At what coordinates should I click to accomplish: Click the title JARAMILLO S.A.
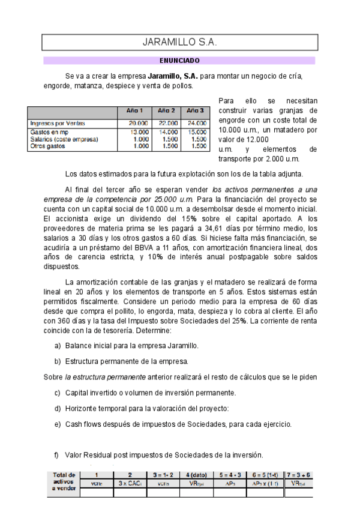coord(179,43)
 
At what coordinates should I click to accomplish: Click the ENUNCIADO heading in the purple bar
coord(179,61)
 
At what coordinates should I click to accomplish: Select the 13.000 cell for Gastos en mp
coord(139,131)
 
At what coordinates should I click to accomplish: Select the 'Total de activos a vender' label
coord(64,481)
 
